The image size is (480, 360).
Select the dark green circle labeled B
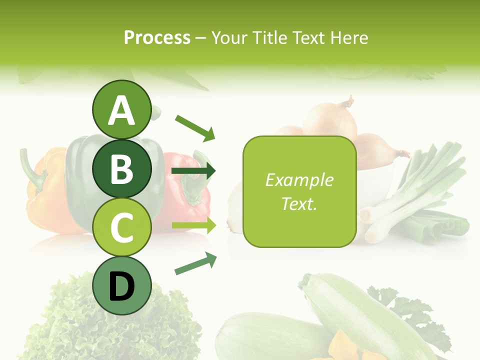122,168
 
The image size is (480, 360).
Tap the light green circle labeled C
122,227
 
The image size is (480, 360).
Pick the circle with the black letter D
122,285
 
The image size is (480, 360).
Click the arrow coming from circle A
195,127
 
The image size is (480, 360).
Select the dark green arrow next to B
193,171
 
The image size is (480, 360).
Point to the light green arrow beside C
194,225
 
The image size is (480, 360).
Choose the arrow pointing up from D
195,263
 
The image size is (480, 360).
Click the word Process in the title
157,37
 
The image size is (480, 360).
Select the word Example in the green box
299,180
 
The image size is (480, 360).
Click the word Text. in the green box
299,203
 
